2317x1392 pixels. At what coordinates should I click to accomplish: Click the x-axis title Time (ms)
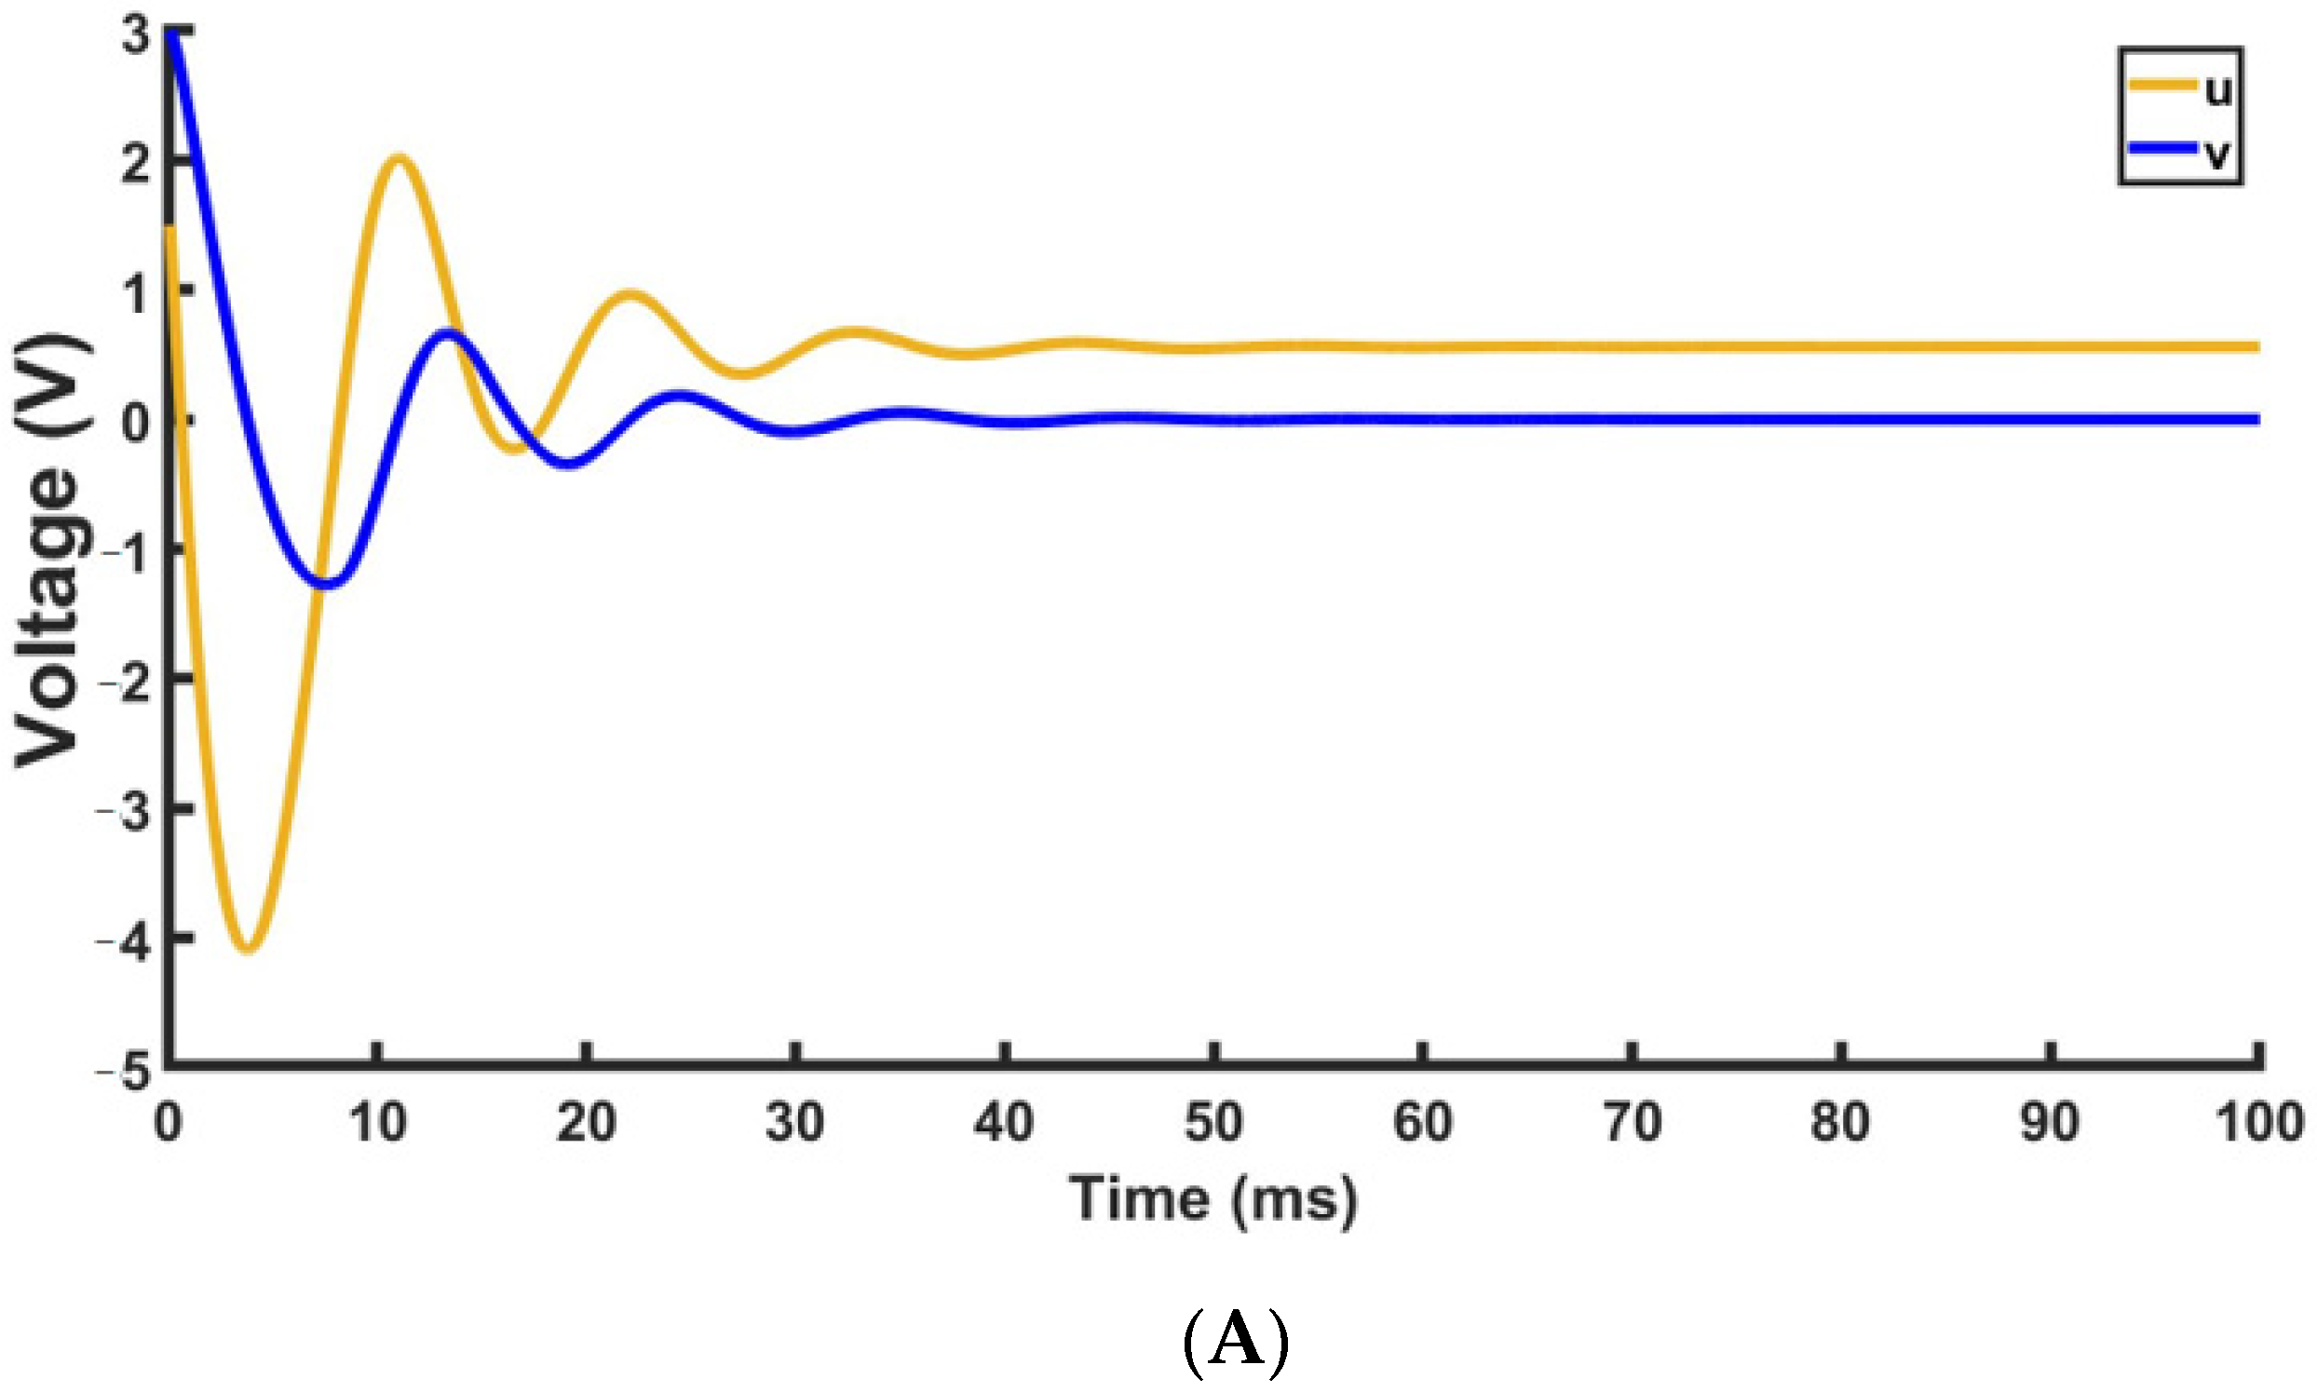[1213, 1198]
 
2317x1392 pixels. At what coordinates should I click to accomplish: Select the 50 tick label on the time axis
[1213, 1122]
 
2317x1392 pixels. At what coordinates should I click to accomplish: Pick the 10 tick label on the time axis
[377, 1122]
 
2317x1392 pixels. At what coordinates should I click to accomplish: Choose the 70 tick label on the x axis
[1633, 1122]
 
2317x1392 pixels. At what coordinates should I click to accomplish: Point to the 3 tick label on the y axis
[135, 37]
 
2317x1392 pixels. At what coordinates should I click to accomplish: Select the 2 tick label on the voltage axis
[135, 166]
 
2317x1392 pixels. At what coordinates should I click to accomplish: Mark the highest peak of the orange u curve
[400, 158]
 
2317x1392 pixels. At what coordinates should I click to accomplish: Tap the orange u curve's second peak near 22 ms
[630, 294]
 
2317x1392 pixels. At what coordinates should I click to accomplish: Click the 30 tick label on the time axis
[795, 1122]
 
